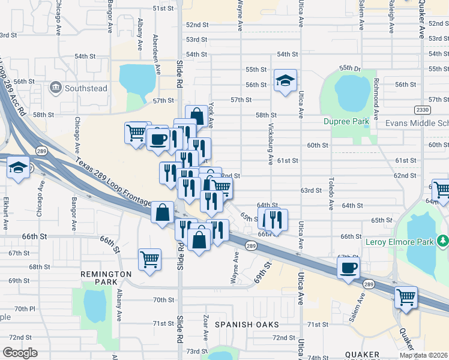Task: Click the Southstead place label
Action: [x=86, y=89]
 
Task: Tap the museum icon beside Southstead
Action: [x=56, y=88]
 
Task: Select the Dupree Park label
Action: [x=346, y=121]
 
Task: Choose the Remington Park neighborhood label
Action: [x=105, y=278]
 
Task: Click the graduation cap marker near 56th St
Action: [x=285, y=80]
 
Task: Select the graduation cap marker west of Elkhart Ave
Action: [x=19, y=168]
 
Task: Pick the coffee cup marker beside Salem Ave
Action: [x=348, y=268]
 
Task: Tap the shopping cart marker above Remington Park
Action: [x=149, y=259]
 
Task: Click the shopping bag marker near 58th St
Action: [x=196, y=115]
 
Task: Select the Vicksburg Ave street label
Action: [x=271, y=144]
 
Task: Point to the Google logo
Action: [x=19, y=353]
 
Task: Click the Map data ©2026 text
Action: [x=423, y=355]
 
